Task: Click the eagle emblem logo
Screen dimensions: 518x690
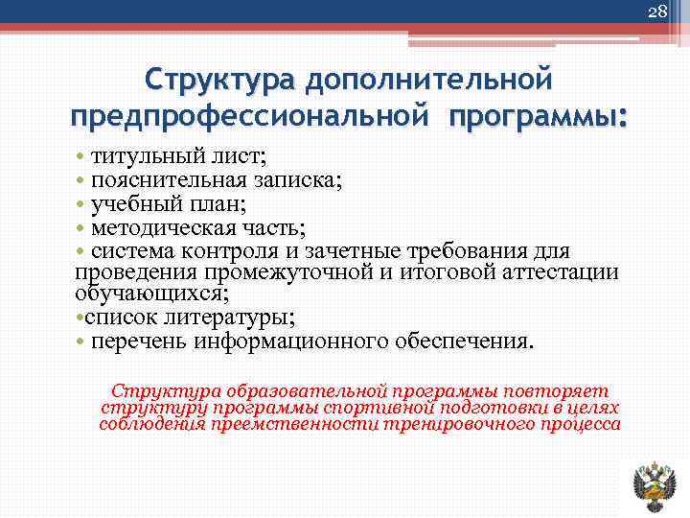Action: pos(655,485)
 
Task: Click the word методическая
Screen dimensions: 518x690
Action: pos(159,228)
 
